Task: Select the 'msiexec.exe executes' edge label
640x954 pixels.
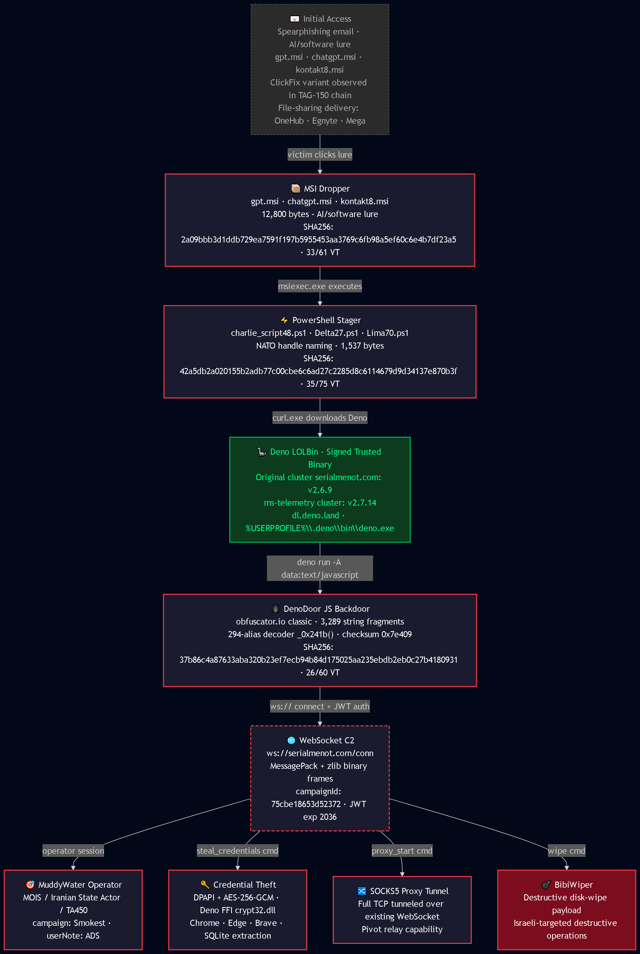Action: pos(319,286)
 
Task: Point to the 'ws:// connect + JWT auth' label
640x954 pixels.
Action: pos(319,706)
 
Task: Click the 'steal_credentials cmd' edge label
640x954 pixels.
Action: pos(237,851)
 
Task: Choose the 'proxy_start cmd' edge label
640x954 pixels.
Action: pos(402,851)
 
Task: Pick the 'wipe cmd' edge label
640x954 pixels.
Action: pos(567,851)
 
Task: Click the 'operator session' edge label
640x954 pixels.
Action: pos(73,851)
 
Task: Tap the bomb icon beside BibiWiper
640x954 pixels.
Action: pos(546,885)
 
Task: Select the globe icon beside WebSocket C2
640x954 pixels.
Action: pos(291,740)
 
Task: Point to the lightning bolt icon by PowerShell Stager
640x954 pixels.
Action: pos(284,320)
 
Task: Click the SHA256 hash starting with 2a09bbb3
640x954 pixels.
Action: pos(318,240)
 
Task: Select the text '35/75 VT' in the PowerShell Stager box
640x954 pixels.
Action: pos(323,384)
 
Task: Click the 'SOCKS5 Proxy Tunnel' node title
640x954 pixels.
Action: pos(409,891)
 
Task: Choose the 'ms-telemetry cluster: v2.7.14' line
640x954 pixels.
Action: pos(320,503)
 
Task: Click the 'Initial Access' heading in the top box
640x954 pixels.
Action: pos(327,19)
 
